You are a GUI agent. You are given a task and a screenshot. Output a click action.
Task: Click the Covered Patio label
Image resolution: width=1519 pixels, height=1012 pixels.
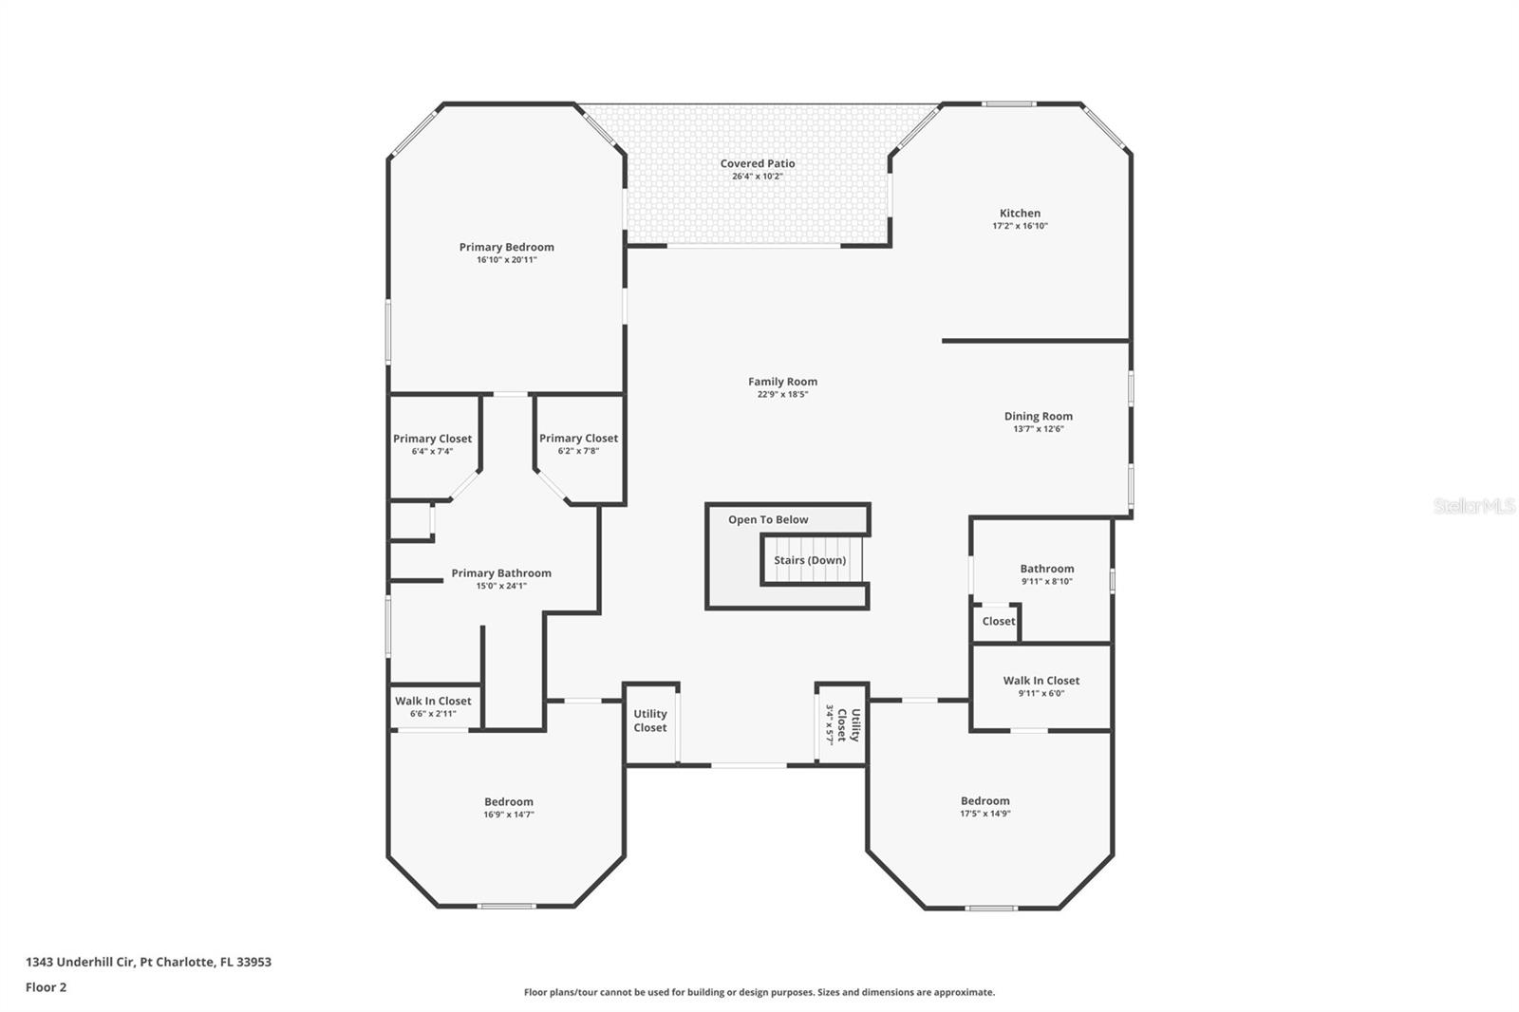click(x=758, y=163)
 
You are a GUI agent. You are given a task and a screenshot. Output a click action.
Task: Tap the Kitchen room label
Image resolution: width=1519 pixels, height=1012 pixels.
click(x=1020, y=213)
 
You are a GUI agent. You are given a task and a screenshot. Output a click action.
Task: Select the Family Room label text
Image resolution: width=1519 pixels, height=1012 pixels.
click(x=782, y=382)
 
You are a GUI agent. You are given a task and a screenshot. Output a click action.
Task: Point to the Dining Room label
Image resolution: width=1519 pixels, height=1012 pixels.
click(x=1039, y=417)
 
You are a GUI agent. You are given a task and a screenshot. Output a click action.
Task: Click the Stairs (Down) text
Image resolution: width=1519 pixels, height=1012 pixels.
click(x=810, y=560)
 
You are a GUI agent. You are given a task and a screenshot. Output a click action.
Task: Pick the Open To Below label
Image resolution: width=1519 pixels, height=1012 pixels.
click(x=768, y=519)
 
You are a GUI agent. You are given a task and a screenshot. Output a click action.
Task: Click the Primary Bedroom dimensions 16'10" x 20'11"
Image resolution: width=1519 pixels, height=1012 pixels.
click(x=507, y=260)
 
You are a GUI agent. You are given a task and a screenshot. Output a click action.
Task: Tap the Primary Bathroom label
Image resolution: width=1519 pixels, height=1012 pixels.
click(x=501, y=573)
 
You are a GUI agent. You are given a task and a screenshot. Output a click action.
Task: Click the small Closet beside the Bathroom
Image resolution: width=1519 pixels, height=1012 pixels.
click(x=999, y=621)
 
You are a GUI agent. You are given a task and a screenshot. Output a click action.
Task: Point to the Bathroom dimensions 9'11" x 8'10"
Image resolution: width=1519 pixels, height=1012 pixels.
click(x=1047, y=581)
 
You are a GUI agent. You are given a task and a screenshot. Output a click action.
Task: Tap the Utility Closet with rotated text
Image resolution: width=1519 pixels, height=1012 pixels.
click(x=841, y=724)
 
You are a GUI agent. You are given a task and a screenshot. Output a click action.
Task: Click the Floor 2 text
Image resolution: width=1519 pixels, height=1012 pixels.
click(x=47, y=987)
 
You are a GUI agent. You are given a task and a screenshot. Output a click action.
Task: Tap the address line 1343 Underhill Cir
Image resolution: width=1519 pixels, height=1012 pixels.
click(x=148, y=962)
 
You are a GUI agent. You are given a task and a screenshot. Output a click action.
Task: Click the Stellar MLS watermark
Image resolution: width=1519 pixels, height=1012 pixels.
click(x=1473, y=505)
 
